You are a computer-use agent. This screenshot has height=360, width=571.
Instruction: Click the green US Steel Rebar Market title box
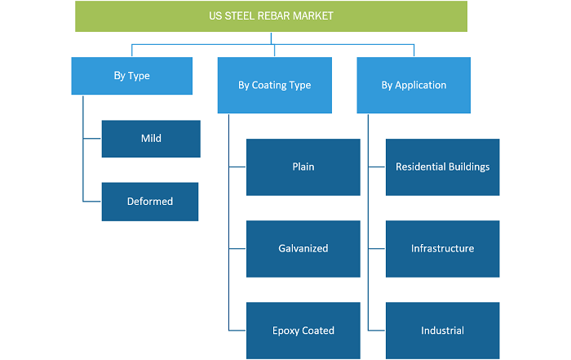coord(271,16)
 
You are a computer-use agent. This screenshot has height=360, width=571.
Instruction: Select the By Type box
coord(132,76)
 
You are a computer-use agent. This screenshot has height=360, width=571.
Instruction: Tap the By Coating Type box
coord(275,85)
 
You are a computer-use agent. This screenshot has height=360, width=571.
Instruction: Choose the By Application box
coord(414,85)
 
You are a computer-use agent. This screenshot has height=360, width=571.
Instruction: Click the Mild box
coord(151,139)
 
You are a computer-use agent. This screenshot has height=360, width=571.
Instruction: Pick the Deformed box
coord(150,202)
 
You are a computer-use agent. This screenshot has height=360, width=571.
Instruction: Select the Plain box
coord(303,167)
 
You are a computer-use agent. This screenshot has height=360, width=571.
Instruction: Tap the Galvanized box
coord(303,249)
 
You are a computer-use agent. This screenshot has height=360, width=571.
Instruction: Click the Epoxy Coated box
coord(303,331)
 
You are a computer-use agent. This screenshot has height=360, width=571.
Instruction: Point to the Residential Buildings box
coord(443,167)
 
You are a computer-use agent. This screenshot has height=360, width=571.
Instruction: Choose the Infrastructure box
coord(443,249)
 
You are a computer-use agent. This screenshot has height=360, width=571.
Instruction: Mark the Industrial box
coord(443,331)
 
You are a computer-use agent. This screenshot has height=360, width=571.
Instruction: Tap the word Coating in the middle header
coord(268,85)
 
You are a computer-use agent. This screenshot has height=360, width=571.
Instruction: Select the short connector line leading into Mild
coord(92,139)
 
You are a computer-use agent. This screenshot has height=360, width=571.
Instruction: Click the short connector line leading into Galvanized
coord(237,248)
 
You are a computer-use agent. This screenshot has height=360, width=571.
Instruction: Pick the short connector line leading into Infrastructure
coord(377,248)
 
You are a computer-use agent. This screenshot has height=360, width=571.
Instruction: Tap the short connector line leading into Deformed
coord(92,201)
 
